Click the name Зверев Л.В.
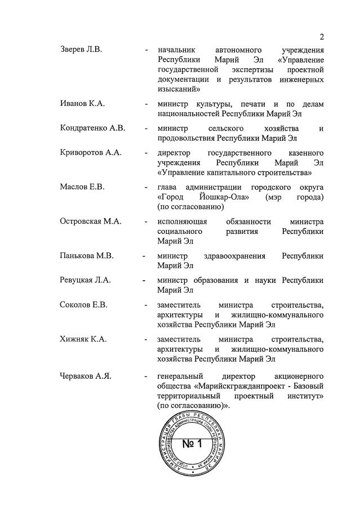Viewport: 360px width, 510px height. pyautogui.click(x=81, y=49)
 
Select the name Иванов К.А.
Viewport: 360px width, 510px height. pyautogui.click(x=82, y=104)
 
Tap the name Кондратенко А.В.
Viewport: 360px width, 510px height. pyautogui.click(x=92, y=128)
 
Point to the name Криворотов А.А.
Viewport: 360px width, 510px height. pyautogui.click(x=91, y=153)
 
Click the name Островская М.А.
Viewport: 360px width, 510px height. pyautogui.click(x=91, y=221)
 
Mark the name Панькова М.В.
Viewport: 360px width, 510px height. pyautogui.click(x=87, y=256)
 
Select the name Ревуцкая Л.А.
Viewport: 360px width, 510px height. pyautogui.click(x=87, y=280)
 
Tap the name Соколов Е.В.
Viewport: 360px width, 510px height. pyautogui.click(x=83, y=305)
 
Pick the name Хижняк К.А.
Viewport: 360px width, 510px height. pyautogui.click(x=83, y=339)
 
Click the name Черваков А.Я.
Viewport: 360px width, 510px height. pyautogui.click(x=86, y=375)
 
